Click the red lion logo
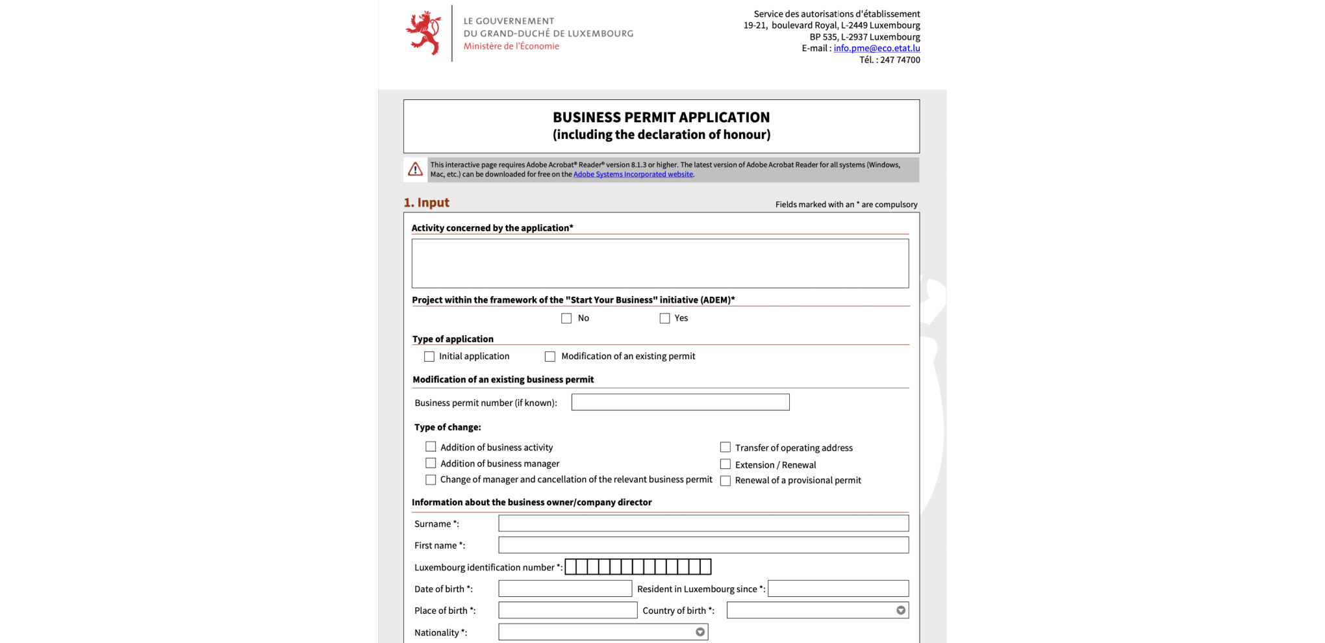coord(424,32)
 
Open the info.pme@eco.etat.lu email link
coord(876,48)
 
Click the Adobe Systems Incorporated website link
coord(633,174)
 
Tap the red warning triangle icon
coord(415,170)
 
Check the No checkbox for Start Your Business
coord(566,318)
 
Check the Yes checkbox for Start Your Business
coord(664,318)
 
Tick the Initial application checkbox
coord(429,357)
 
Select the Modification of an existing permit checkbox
coord(550,357)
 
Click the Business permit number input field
coord(680,403)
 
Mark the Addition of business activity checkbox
coord(431,447)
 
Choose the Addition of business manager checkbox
coord(431,463)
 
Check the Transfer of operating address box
coord(726,448)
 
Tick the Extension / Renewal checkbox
coord(726,464)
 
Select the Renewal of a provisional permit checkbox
coord(726,481)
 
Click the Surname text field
coord(703,523)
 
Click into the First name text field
coord(703,545)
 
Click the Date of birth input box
coord(564,588)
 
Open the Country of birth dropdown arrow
coord(901,611)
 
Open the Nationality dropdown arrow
coord(700,632)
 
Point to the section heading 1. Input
coord(426,203)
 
